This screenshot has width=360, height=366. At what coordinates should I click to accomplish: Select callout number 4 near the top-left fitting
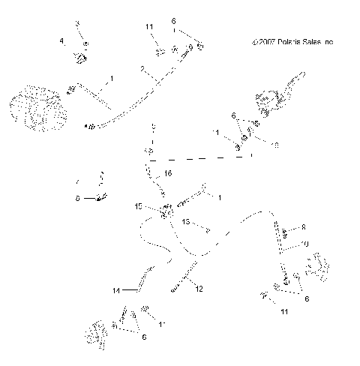[63, 40]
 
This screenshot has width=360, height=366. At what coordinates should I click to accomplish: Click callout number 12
[199, 288]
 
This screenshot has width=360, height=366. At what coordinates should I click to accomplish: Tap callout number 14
[115, 289]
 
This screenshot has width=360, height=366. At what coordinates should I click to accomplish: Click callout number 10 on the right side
[304, 244]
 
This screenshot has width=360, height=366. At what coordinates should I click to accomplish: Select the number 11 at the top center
[149, 27]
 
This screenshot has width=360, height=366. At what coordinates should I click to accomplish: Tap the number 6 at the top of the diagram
[174, 21]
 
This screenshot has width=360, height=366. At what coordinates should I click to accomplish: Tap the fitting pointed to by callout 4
[78, 57]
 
